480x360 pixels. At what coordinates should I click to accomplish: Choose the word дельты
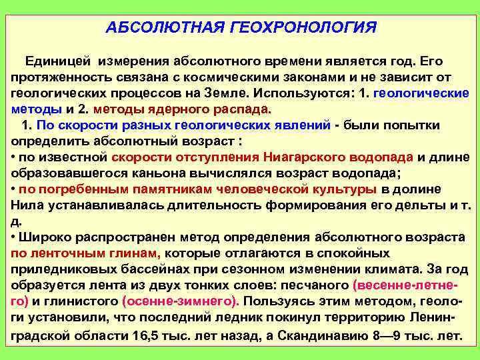click(407, 205)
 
